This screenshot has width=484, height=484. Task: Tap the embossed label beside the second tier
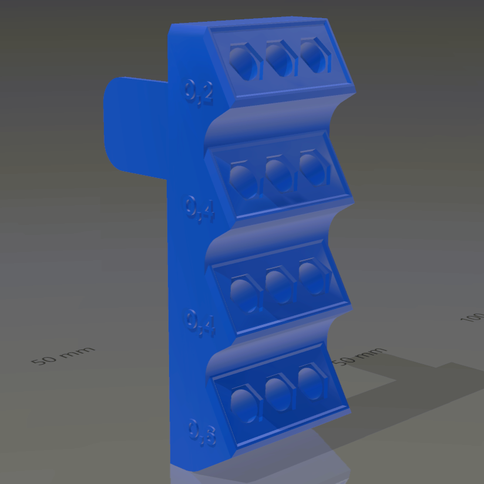[x=200, y=209]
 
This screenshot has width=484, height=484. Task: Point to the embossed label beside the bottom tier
[x=202, y=433]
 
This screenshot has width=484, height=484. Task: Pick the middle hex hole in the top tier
[x=278, y=58]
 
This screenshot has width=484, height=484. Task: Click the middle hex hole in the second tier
[x=277, y=174]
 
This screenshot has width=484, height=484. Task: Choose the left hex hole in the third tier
[x=243, y=293]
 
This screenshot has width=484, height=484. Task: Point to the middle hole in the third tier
[x=277, y=286]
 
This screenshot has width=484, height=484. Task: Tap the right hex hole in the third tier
[x=311, y=278]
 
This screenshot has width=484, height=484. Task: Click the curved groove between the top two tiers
[x=276, y=120]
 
